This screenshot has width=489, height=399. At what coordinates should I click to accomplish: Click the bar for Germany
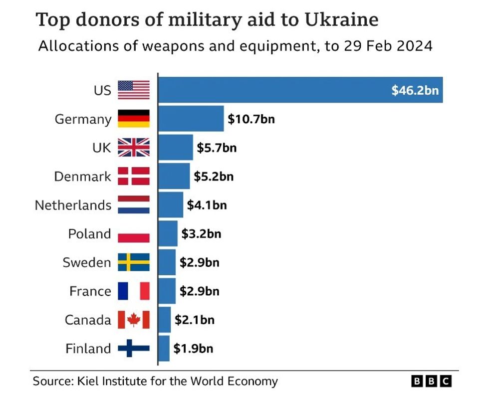click(x=191, y=119)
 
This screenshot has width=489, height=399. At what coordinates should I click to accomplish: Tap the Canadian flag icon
click(x=134, y=320)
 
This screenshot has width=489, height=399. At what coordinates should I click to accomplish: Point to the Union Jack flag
click(x=134, y=148)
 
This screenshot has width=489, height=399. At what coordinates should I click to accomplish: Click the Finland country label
click(x=88, y=348)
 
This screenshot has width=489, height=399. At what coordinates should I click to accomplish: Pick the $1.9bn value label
click(x=193, y=348)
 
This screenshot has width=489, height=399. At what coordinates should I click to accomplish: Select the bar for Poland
click(x=168, y=233)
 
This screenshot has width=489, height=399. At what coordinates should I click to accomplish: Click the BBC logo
click(x=432, y=382)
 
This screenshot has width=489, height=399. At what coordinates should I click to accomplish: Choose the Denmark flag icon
click(x=134, y=176)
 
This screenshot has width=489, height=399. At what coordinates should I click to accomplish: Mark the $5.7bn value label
click(x=217, y=148)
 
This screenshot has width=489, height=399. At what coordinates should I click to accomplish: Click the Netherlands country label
click(x=73, y=205)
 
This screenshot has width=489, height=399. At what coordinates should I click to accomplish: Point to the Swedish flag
click(x=134, y=262)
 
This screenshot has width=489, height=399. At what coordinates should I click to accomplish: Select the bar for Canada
click(x=165, y=320)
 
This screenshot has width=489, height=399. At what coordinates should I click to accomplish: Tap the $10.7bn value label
click(x=251, y=119)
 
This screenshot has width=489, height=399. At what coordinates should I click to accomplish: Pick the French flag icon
click(x=134, y=291)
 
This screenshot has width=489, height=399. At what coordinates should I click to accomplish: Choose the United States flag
click(x=134, y=90)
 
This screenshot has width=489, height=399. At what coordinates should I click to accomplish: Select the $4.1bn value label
click(x=207, y=205)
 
